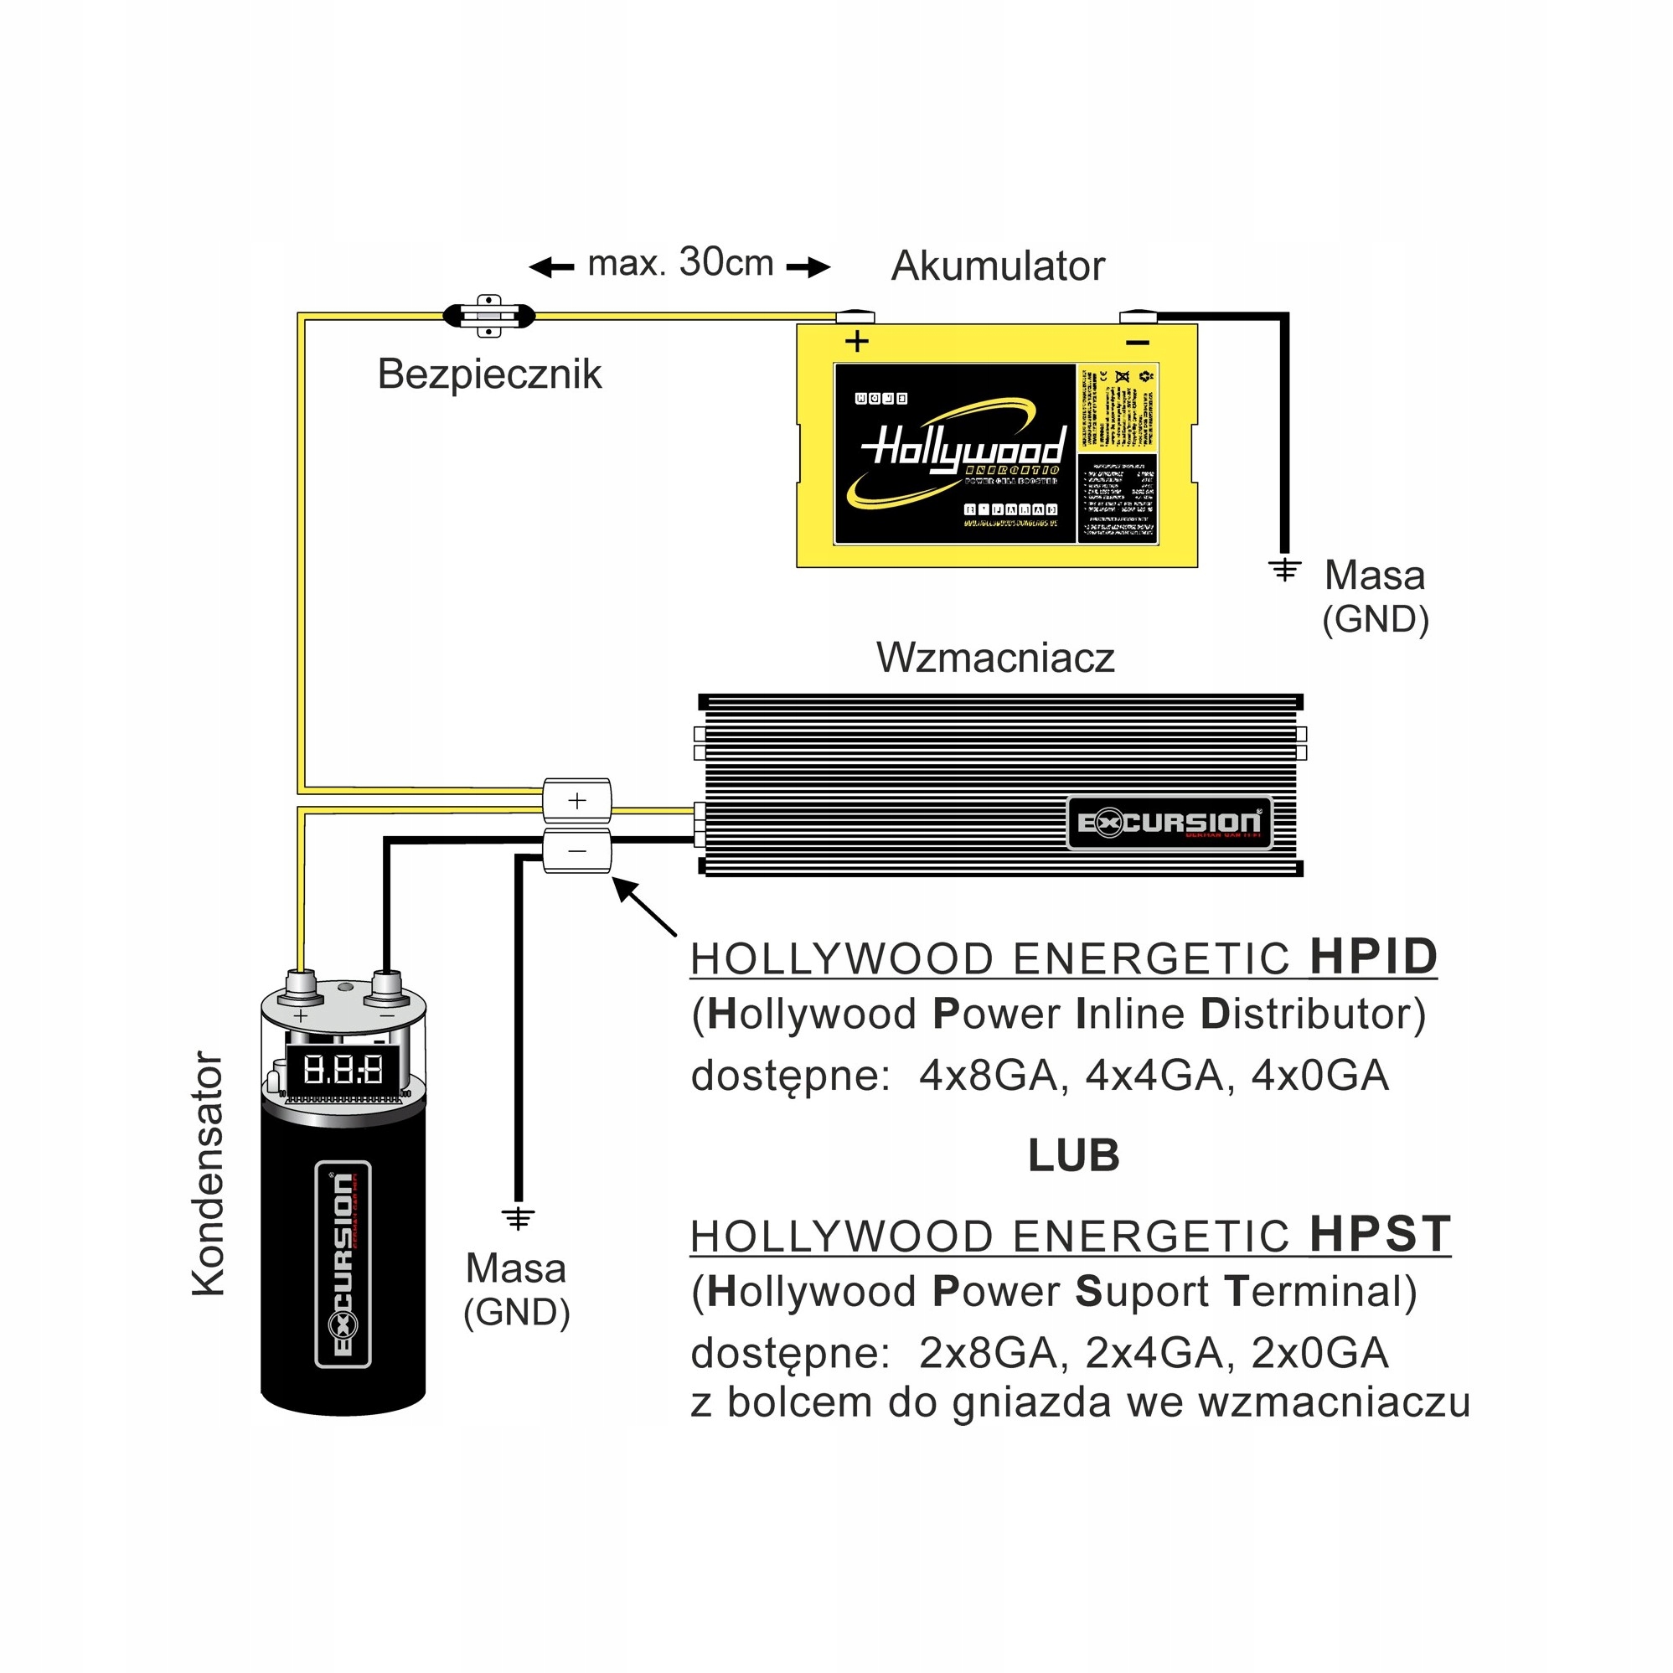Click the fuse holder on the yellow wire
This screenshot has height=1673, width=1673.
(x=489, y=316)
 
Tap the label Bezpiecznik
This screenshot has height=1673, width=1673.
(x=489, y=375)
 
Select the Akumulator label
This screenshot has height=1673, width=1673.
(x=998, y=266)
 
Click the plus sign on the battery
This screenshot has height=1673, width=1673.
(x=856, y=341)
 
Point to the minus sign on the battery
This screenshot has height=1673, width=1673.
(x=1137, y=343)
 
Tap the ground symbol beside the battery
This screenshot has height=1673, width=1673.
(x=1284, y=569)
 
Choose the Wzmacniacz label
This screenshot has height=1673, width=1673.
(x=995, y=658)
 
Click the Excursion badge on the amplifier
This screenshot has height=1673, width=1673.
(x=1169, y=822)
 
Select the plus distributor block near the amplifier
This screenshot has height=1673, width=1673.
(x=576, y=800)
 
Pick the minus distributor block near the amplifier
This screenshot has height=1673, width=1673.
(x=576, y=851)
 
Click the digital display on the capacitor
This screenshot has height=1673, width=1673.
(x=343, y=1071)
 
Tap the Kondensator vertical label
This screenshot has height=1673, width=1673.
(x=209, y=1174)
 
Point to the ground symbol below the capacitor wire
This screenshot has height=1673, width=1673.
(x=518, y=1218)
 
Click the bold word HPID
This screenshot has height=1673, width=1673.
(x=1373, y=957)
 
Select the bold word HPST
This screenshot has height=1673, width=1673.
(x=1380, y=1234)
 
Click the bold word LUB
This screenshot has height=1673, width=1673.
(x=1074, y=1155)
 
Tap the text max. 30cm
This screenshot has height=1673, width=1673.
(x=680, y=262)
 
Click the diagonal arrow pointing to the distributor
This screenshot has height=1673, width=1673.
(x=644, y=906)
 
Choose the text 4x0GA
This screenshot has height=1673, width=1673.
(x=1320, y=1077)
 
